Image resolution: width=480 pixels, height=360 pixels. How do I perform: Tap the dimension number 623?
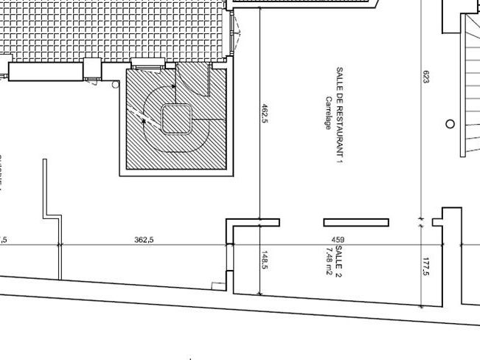(425, 77)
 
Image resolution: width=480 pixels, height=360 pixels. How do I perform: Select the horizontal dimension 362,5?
(145, 239)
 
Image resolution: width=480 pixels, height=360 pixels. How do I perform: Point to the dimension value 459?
(338, 239)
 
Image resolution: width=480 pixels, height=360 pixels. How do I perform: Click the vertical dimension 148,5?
(265, 260)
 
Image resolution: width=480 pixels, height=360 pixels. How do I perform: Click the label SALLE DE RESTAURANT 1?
(340, 115)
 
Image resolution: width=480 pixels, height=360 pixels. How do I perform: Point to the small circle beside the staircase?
(450, 124)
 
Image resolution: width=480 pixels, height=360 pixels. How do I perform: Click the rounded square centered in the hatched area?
(177, 118)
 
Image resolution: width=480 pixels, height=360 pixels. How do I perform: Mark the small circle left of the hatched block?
(116, 85)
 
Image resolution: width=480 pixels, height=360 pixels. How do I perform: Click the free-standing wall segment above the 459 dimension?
(356, 222)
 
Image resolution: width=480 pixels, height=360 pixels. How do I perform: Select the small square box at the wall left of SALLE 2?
(218, 285)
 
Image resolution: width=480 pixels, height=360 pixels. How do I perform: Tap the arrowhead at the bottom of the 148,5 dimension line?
(260, 293)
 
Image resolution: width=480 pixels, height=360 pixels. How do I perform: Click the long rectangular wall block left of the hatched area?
(45, 72)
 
